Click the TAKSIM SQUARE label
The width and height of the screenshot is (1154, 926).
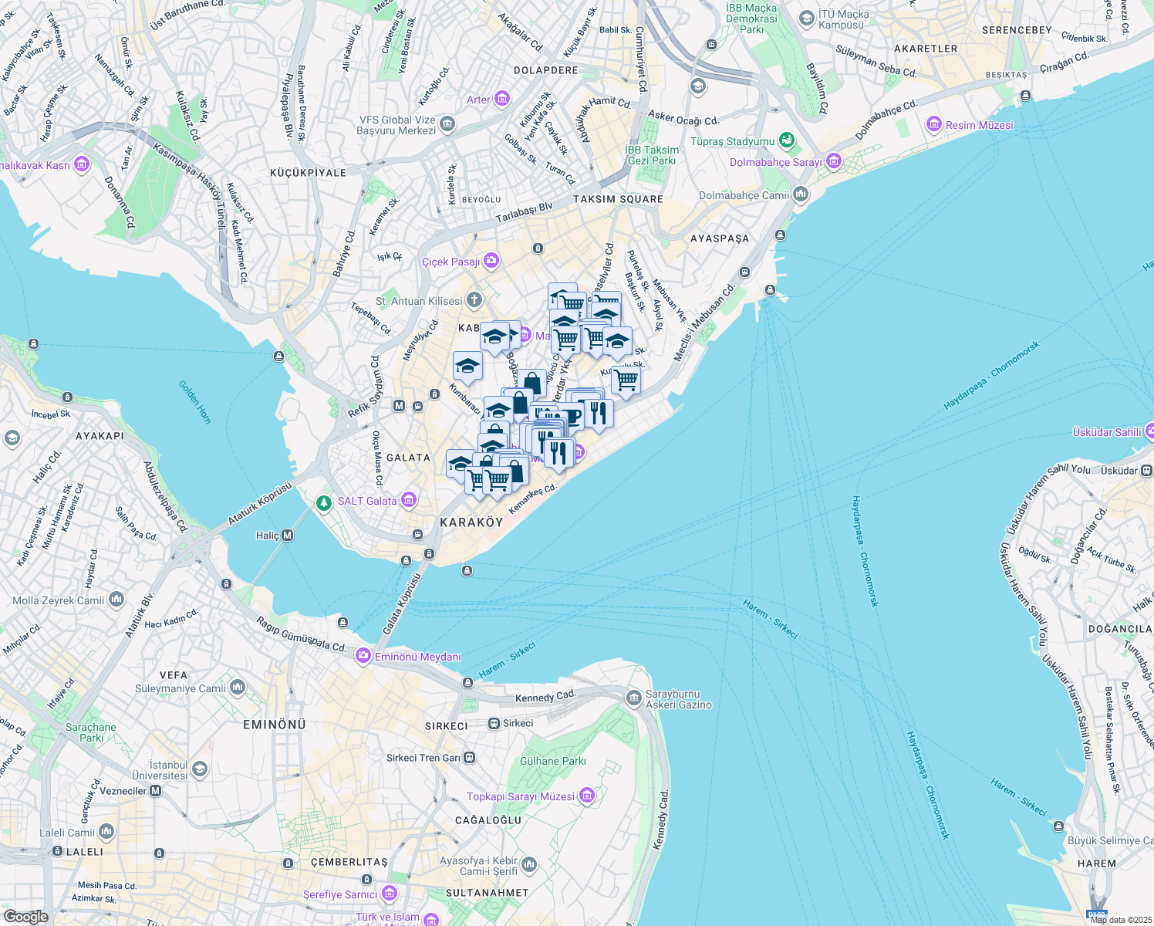pyautogui.click(x=618, y=199)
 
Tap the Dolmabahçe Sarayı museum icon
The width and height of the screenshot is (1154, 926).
pyautogui.click(x=833, y=161)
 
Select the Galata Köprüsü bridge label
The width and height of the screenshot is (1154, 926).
pyautogui.click(x=400, y=604)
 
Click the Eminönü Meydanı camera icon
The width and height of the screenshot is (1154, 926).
pyautogui.click(x=363, y=656)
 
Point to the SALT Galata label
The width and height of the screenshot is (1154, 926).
pyautogui.click(x=367, y=501)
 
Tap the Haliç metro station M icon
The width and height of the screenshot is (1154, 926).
pyautogui.click(x=288, y=536)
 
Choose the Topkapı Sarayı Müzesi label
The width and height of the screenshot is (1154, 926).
pyautogui.click(x=521, y=796)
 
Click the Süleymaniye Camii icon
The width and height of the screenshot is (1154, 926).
pyautogui.click(x=238, y=687)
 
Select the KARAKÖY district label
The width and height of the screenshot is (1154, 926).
pyautogui.click(x=471, y=522)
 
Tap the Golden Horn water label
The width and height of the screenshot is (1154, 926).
pyautogui.click(x=194, y=402)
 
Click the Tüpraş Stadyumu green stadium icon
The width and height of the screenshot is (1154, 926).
pyautogui.click(x=786, y=140)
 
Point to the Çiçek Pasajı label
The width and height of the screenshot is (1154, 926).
pyautogui.click(x=450, y=262)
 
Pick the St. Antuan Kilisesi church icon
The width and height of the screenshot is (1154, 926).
pyautogui.click(x=474, y=300)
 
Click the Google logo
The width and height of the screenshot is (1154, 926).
pyautogui.click(x=25, y=917)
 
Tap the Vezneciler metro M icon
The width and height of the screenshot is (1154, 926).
pyautogui.click(x=156, y=791)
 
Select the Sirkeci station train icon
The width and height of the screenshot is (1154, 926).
pyautogui.click(x=494, y=723)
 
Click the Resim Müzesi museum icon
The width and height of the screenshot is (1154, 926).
pyautogui.click(x=934, y=124)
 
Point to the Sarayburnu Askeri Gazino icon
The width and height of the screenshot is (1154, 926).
pyautogui.click(x=633, y=698)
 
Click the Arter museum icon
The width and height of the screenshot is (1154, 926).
pyautogui.click(x=502, y=99)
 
